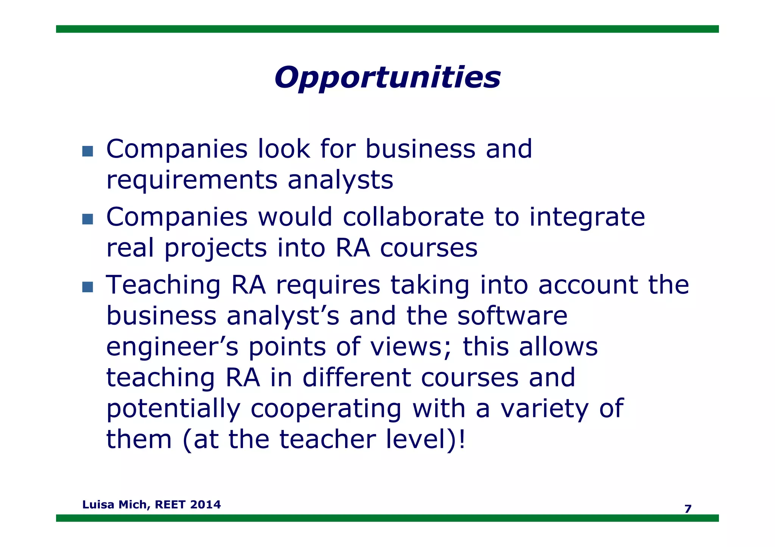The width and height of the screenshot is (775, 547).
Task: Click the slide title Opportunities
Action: point(387,77)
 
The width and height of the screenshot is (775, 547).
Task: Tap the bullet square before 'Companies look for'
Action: point(87,151)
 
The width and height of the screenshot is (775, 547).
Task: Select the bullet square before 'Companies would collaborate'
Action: point(87,219)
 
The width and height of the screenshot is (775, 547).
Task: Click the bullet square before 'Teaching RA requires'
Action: point(87,287)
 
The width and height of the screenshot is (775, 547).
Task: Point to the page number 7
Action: point(688,509)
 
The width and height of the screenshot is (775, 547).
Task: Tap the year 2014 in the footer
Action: point(205,505)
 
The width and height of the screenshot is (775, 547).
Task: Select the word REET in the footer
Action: point(170,505)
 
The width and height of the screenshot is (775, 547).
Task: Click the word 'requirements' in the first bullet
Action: point(192,180)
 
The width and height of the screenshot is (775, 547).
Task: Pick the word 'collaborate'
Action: point(413,217)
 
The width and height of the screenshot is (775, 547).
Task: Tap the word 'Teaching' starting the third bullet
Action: point(163,285)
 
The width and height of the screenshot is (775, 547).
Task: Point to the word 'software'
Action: point(512,316)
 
